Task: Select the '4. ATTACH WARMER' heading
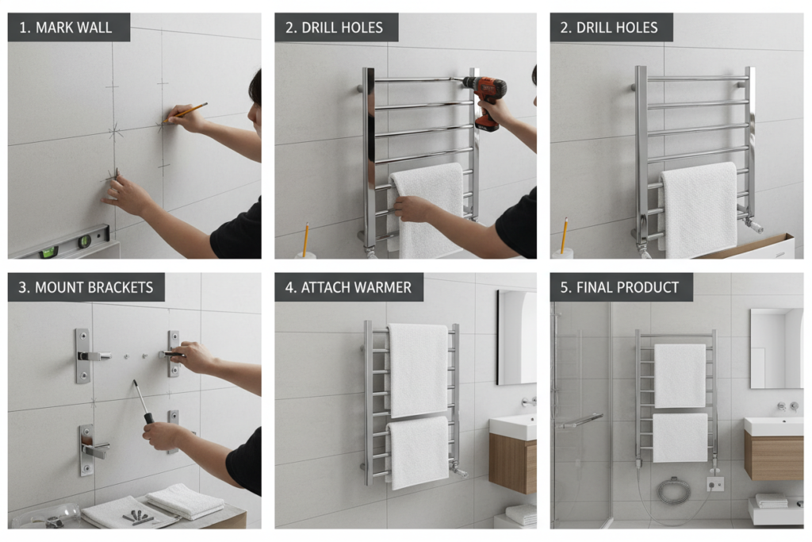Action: point(349,287)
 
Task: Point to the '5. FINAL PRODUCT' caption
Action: point(620,287)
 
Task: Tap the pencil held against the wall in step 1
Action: point(191,110)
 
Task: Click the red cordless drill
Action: point(485,99)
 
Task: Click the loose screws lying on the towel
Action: point(137,517)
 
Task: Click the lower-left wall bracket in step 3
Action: point(87,449)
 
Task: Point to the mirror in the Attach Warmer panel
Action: point(516,337)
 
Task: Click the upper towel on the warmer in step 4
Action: point(418,369)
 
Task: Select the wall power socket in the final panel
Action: point(715,483)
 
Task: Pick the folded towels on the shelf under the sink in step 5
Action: point(771,500)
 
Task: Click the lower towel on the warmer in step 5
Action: point(680,437)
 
